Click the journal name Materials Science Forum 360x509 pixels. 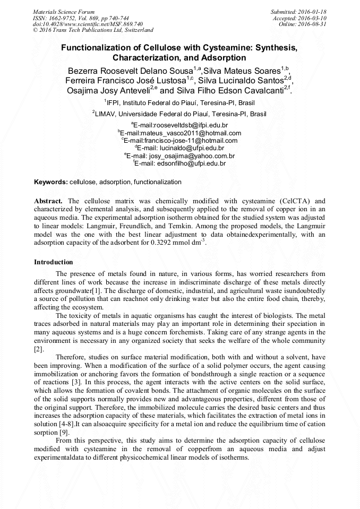(x=64, y=12)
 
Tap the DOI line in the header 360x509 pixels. (x=88, y=24)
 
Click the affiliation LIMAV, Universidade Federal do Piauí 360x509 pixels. (x=181, y=114)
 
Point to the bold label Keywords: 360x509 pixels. (x=51, y=182)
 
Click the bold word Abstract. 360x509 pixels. (x=48, y=202)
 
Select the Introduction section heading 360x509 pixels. (x=54, y=262)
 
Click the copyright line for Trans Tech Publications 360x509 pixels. (x=93, y=31)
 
